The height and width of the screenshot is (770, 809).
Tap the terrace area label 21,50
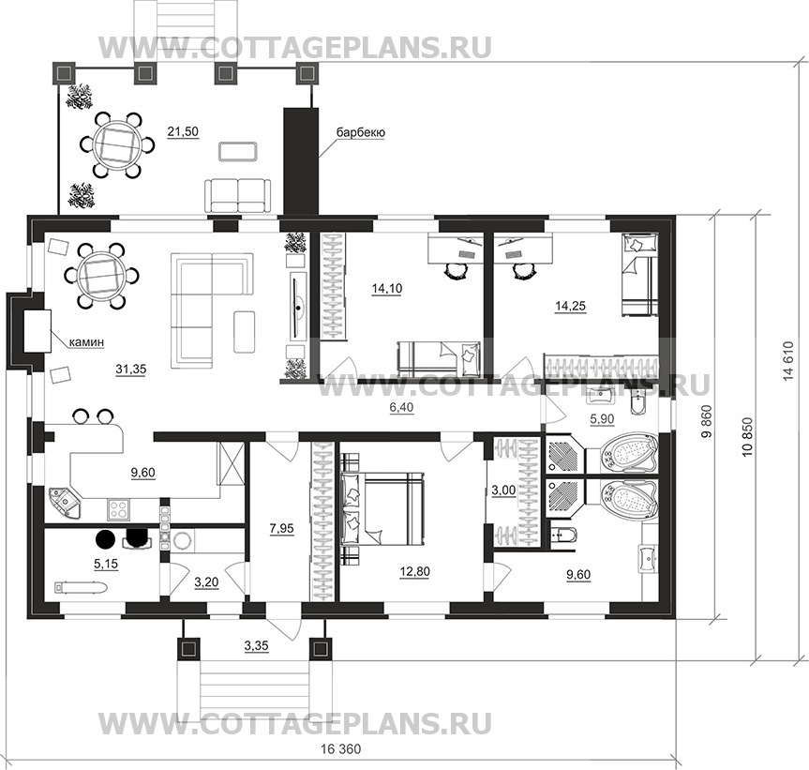183,131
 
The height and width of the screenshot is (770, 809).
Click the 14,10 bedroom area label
385,290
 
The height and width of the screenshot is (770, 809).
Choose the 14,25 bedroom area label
571,305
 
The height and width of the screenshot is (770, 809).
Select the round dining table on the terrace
117,144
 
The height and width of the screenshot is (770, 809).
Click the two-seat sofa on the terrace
238,195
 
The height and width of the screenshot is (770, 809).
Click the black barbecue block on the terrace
301,159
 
